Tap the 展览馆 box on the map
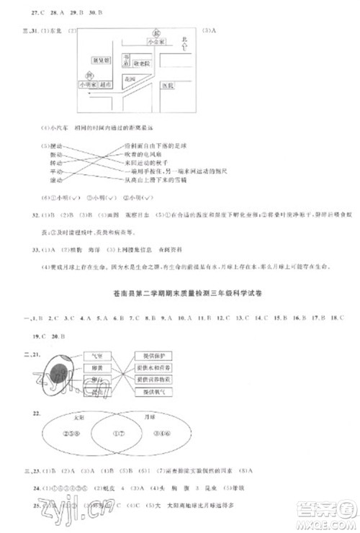point(100,61)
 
